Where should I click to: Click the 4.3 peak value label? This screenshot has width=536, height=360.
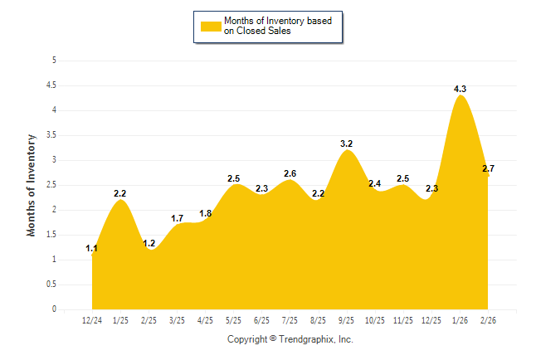tap(460, 89)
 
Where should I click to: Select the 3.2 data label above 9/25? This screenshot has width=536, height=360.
tap(347, 144)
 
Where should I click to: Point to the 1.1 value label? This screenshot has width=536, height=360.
tap(91, 248)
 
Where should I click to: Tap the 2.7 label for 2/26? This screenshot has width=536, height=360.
tap(488, 168)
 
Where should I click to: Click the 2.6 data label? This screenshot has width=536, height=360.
tap(290, 173)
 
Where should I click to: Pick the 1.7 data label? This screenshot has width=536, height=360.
tap(177, 218)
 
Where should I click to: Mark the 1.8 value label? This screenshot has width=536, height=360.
tap(206, 213)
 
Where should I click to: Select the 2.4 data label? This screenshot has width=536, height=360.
tap(375, 183)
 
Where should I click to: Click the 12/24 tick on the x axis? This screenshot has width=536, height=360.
tap(92, 321)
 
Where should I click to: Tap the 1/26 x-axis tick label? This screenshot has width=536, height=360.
tap(460, 321)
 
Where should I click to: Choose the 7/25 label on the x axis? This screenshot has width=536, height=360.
tap(290, 321)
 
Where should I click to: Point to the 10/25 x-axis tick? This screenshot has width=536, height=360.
tap(375, 321)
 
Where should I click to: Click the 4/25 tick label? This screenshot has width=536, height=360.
tap(205, 321)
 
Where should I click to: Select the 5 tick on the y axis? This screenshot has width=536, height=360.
tap(54, 61)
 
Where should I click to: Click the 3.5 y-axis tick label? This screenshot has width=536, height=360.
tap(51, 135)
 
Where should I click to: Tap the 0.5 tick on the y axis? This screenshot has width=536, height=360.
tap(51, 285)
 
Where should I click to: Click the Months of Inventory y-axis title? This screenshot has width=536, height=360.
tap(32, 185)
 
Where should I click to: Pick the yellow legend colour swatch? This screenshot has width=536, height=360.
tap(211, 26)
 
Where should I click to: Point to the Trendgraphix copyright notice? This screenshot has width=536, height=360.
tap(290, 339)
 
